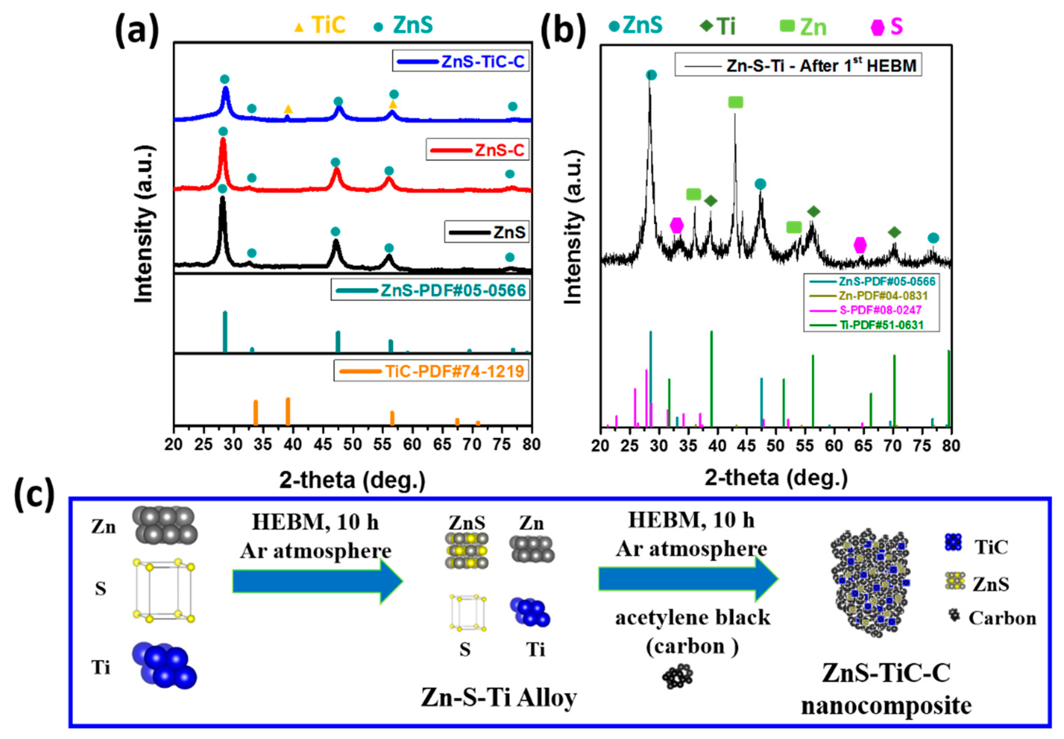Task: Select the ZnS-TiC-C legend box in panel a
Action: pos(461,61)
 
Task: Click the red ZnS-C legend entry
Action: pos(477,150)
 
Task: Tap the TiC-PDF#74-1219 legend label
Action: pos(431,371)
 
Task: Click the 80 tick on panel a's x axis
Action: pos(531,444)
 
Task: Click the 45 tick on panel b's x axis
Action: pos(746,446)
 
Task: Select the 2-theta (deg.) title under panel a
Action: pos(352,480)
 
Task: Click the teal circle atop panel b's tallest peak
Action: pos(651,75)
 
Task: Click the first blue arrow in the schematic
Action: pos(317,581)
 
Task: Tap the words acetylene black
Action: pos(692,618)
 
